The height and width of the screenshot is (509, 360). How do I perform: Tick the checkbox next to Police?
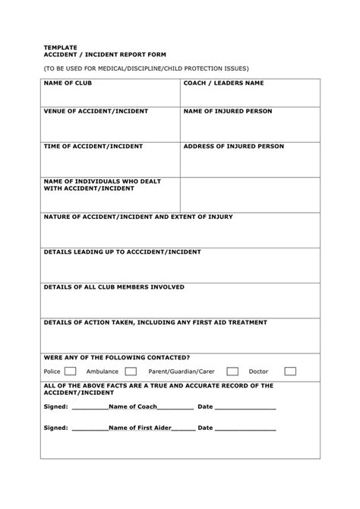coord(70,371)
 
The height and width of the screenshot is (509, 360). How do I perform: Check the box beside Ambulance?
coord(131,371)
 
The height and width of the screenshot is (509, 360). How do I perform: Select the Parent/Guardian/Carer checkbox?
coord(232,371)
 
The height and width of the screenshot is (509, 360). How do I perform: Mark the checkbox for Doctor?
coord(290,371)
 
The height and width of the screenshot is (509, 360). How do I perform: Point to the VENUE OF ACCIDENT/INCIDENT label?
coord(96,111)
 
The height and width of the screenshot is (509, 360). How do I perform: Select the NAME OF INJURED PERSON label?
coord(226,111)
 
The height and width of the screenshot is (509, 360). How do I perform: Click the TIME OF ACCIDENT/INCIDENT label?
coord(93,145)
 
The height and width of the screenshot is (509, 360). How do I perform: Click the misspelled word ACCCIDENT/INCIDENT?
coord(163,251)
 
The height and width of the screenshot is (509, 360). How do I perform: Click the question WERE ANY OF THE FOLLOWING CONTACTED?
coord(116,356)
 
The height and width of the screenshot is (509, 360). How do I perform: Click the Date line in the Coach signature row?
coord(246,406)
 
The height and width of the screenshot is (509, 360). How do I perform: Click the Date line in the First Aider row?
coord(246,428)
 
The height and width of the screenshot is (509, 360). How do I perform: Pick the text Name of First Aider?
coord(141,428)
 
